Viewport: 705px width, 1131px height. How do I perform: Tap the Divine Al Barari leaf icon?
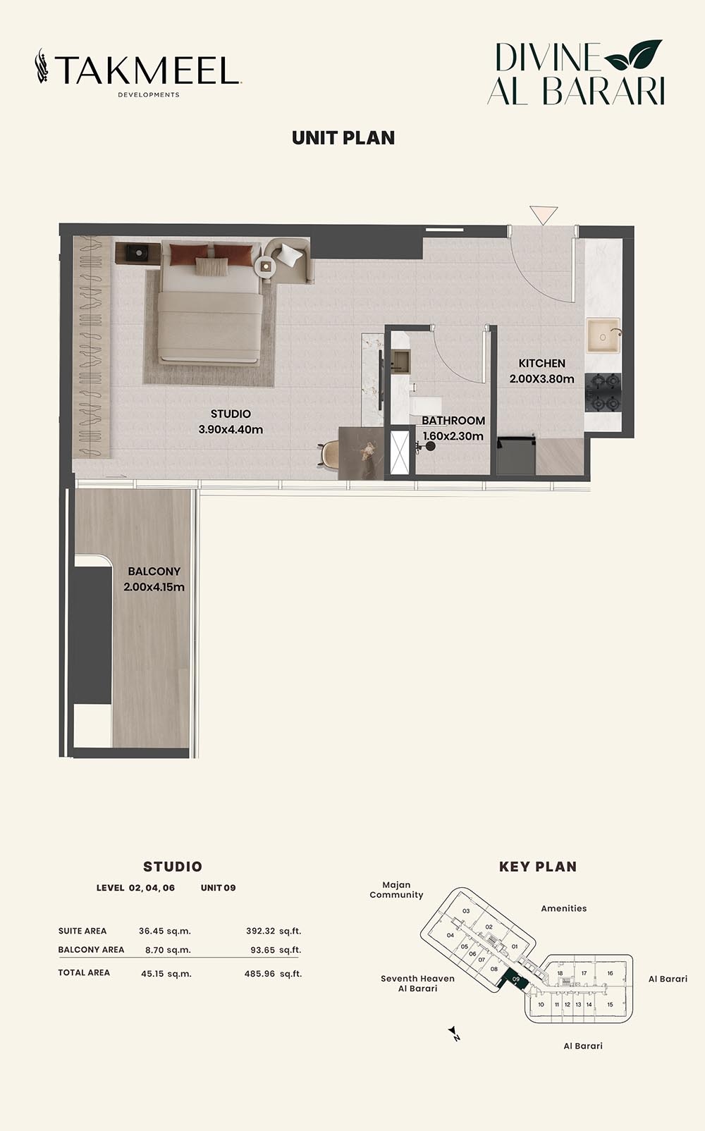633,56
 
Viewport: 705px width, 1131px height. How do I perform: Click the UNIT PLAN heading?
343,138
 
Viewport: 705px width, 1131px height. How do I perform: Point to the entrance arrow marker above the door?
544,214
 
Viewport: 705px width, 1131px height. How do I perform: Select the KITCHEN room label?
541,364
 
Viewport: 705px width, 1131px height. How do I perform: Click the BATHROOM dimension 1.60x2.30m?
453,436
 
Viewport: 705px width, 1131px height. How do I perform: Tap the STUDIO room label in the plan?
231,414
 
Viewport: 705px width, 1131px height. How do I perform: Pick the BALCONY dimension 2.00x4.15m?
154,587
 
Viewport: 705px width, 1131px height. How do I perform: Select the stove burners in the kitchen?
603,393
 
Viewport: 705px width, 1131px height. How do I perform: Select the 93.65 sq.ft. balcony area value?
276,950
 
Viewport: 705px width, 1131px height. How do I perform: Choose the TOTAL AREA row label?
84,972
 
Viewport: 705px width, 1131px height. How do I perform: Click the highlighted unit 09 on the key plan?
515,979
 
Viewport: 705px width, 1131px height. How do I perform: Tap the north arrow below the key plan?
454,1034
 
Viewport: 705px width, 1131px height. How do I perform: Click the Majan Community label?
396,890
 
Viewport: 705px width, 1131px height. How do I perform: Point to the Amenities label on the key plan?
563,908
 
